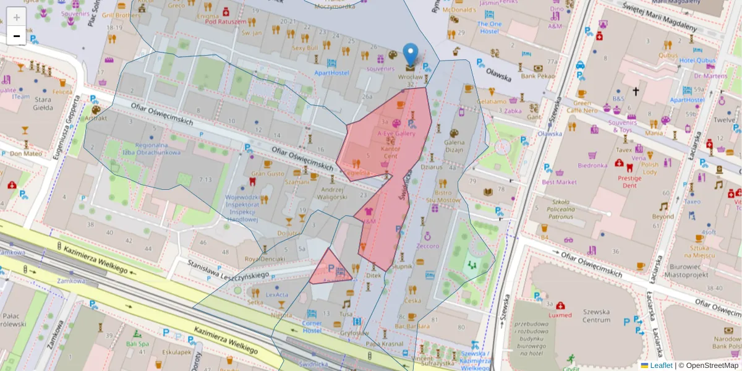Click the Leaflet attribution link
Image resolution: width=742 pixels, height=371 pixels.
point(661,365)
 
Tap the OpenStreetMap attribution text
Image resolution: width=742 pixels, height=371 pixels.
point(707,365)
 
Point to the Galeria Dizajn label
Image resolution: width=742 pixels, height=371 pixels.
point(454,145)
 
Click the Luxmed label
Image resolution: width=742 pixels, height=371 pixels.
point(560,315)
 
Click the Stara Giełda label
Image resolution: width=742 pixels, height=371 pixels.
point(43,103)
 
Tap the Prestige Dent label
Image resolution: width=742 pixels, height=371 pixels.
point(629,181)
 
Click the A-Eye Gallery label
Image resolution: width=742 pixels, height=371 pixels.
point(396,133)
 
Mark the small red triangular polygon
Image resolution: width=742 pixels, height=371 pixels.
point(328,270)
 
